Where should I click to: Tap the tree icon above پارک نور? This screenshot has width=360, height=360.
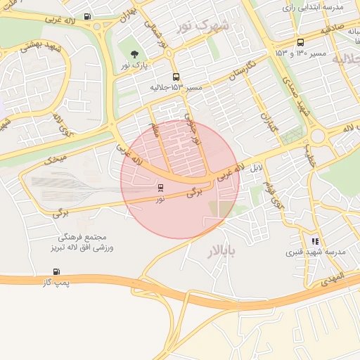[x=134, y=53]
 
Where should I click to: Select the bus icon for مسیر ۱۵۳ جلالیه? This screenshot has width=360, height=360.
[x=175, y=77]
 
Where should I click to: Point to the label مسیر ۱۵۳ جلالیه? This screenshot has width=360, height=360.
[x=176, y=88]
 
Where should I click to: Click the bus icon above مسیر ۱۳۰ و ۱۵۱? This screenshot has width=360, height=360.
[x=300, y=42]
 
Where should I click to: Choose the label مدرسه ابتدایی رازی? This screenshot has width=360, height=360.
[x=313, y=8]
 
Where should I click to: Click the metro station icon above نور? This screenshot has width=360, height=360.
[x=161, y=188]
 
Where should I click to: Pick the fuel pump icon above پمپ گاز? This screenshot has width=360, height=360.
[x=56, y=271]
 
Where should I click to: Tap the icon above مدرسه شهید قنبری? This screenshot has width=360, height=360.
[x=316, y=240]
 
